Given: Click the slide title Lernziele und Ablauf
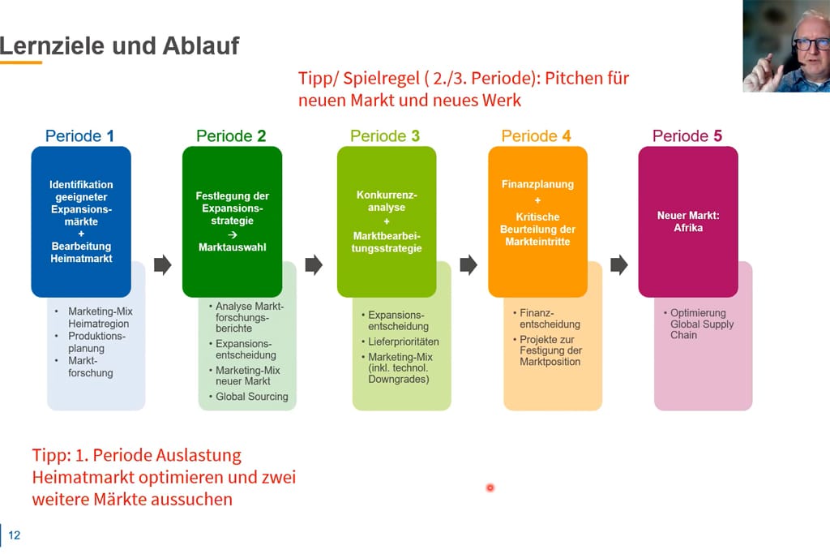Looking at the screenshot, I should [120, 45].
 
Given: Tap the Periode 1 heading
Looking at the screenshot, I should [79, 136].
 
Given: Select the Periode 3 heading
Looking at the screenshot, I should [385, 136].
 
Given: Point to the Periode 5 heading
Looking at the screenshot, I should [687, 136].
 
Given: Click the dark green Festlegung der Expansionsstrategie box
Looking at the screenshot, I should [232, 221].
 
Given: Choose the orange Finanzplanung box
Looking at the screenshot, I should [537, 221].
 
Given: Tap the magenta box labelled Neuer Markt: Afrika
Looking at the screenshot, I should [687, 221].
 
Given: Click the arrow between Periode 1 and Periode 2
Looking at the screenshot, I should [163, 265].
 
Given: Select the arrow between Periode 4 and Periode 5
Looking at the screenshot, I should [619, 265].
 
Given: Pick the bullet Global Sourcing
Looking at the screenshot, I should [251, 397].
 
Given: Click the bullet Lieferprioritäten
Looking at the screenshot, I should [403, 341].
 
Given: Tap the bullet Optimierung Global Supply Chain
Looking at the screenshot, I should [702, 324].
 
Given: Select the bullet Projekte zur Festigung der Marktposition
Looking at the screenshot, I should [550, 350].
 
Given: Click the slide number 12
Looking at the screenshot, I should [15, 535].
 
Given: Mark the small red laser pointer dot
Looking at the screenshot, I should [490, 487].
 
